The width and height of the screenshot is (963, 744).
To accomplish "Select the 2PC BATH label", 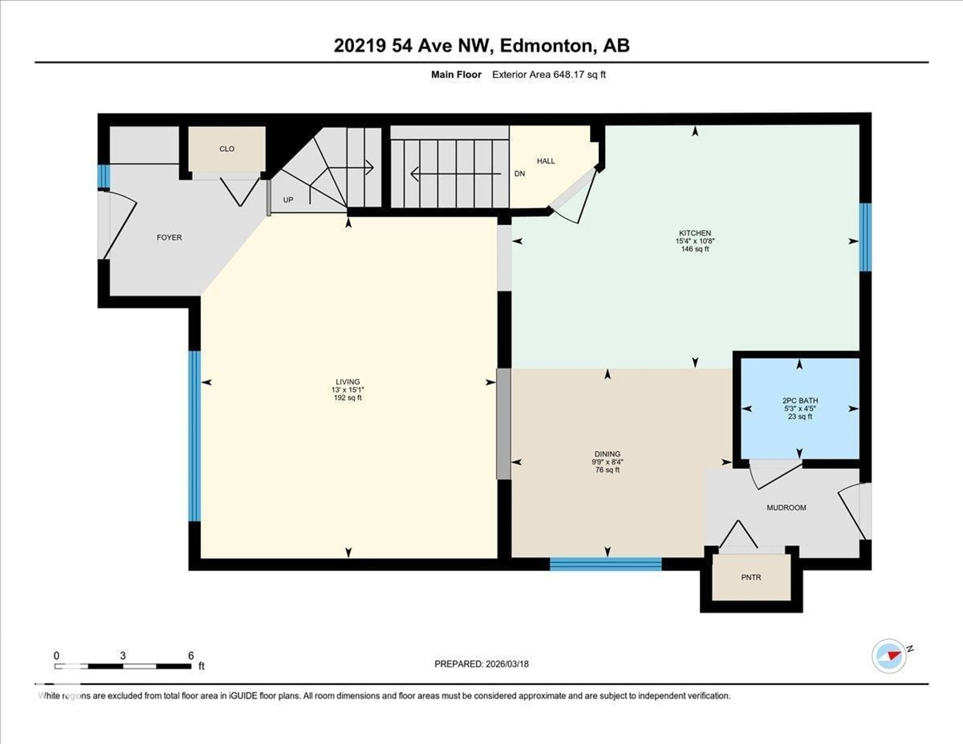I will click(x=800, y=400).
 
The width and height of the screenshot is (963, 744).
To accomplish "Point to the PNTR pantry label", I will click(x=751, y=577).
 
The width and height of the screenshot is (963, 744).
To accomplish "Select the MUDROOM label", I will click(x=786, y=508).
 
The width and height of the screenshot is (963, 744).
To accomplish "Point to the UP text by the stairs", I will click(x=288, y=200).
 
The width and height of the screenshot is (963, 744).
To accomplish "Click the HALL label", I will click(x=545, y=161).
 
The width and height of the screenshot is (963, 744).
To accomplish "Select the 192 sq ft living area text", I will click(x=347, y=398).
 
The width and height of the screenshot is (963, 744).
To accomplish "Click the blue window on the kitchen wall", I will click(x=865, y=237).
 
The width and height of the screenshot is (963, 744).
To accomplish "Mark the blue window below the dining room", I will click(x=605, y=564).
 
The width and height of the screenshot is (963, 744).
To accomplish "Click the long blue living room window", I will click(x=194, y=436).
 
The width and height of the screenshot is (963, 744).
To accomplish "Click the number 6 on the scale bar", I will click(x=191, y=656).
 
